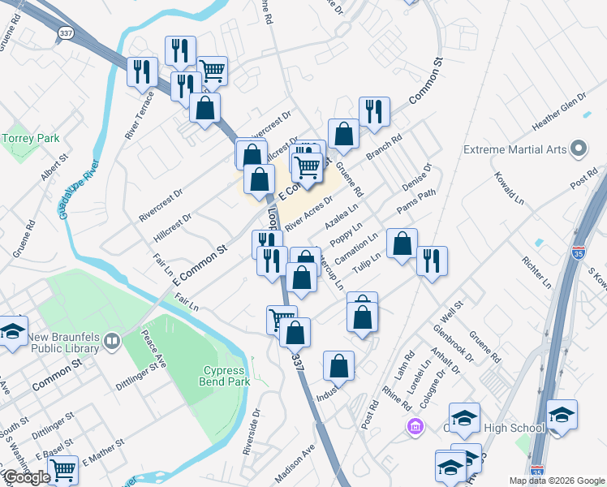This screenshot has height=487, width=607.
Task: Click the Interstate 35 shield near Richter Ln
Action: click(579, 231)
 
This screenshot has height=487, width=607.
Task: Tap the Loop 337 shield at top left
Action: click(67, 33)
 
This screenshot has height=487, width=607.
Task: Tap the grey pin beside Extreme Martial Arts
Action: click(579, 149)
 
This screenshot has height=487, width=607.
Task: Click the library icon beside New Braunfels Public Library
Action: click(112, 343)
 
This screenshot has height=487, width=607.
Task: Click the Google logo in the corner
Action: click(27, 478)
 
